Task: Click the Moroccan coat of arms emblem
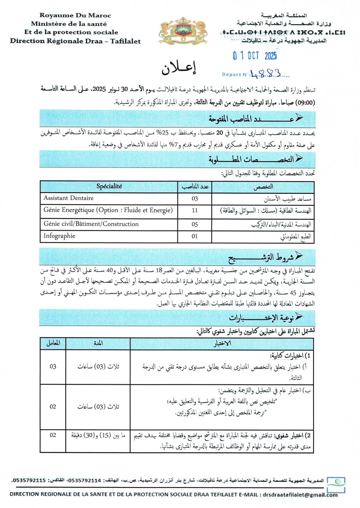(183, 31)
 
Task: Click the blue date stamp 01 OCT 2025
(255, 55)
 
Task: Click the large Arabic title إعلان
(179, 68)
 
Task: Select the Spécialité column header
(109, 186)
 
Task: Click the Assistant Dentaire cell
(69, 198)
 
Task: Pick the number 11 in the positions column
(195, 211)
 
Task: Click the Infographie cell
(59, 236)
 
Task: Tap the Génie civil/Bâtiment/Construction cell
(91, 224)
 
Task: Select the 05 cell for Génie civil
(195, 225)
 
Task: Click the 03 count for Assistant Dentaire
(195, 199)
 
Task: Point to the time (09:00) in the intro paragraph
(305, 103)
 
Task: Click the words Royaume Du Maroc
(75, 15)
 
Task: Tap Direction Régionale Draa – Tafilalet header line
(75, 41)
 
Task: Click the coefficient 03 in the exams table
(53, 366)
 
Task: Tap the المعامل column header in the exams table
(53, 343)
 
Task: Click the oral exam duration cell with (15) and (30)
(98, 435)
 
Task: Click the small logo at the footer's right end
(336, 485)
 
